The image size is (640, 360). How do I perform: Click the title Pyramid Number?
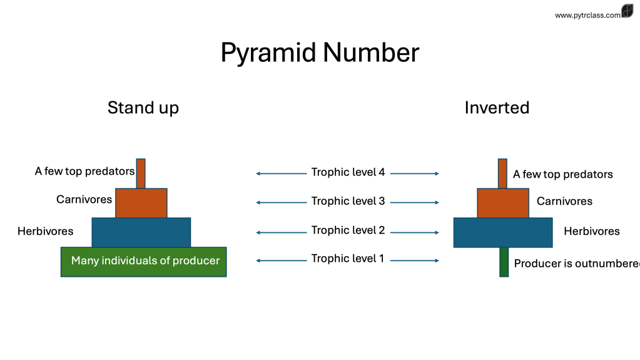click(320, 53)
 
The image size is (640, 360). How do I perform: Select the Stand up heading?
click(143, 108)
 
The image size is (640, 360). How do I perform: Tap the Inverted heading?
click(497, 108)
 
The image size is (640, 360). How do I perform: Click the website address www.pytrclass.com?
click(587, 15)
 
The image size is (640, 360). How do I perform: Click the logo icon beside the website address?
click(627, 12)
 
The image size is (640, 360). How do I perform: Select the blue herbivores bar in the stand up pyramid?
click(141, 232)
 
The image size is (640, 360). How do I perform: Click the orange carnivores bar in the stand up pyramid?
click(141, 203)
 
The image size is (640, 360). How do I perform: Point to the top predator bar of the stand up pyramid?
click(141, 173)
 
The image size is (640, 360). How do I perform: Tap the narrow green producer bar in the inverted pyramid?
click(504, 262)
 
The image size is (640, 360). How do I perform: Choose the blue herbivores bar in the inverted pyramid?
click(503, 232)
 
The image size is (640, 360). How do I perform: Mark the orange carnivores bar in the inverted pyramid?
click(503, 203)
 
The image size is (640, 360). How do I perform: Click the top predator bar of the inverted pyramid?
click(502, 173)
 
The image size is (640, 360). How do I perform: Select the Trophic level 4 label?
click(348, 172)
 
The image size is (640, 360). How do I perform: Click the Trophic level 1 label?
click(348, 258)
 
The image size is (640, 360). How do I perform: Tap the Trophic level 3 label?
click(348, 202)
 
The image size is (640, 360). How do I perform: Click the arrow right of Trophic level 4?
click(415, 173)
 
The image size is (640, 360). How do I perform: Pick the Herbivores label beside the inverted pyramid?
click(591, 232)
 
